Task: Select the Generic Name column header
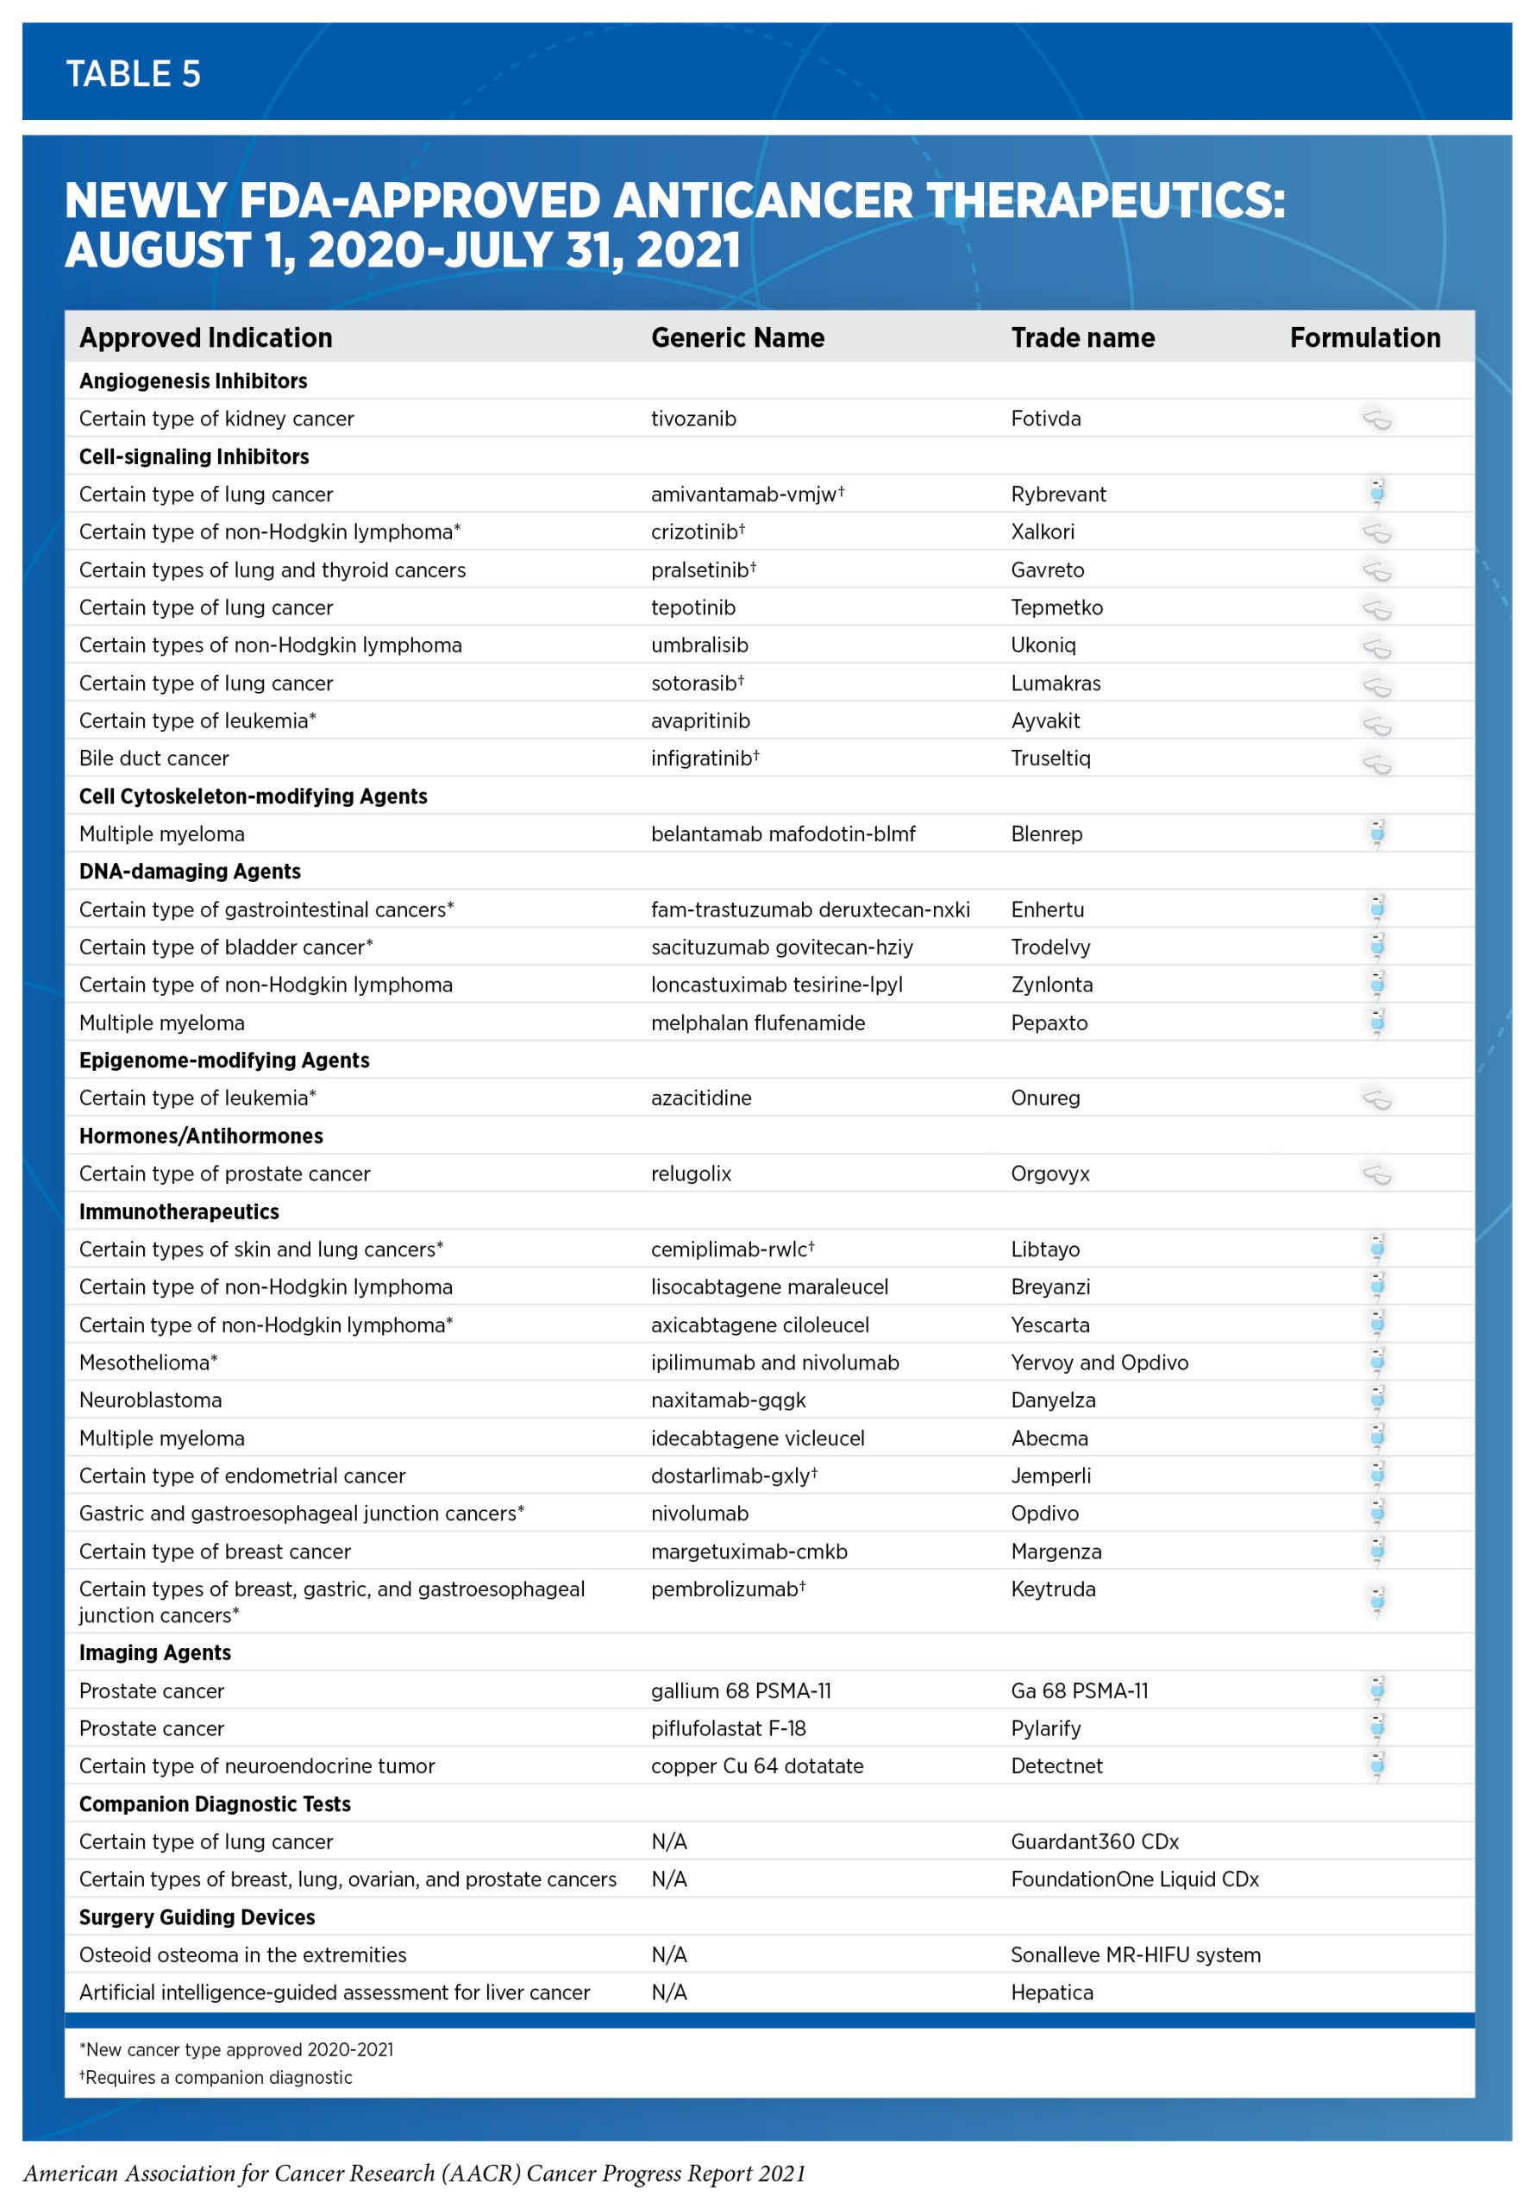pos(736,337)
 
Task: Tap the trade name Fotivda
pos(1044,419)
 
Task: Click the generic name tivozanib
pos(692,419)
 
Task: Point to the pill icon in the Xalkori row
pos(1376,532)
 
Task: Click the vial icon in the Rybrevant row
pos(1376,494)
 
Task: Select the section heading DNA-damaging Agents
pos(190,872)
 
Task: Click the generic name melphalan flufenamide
pos(757,1023)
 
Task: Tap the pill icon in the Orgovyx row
pos(1376,1174)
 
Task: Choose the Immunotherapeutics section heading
pos(179,1211)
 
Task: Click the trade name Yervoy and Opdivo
pos(1099,1363)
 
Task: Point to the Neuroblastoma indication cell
pos(150,1400)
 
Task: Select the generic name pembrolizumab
pos(726,1589)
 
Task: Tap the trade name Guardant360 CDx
pos(1093,1841)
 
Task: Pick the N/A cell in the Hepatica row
pos(668,1992)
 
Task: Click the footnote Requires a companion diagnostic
pos(217,2077)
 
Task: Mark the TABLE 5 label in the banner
pos(133,74)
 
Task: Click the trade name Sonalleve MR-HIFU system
pos(1135,1955)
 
